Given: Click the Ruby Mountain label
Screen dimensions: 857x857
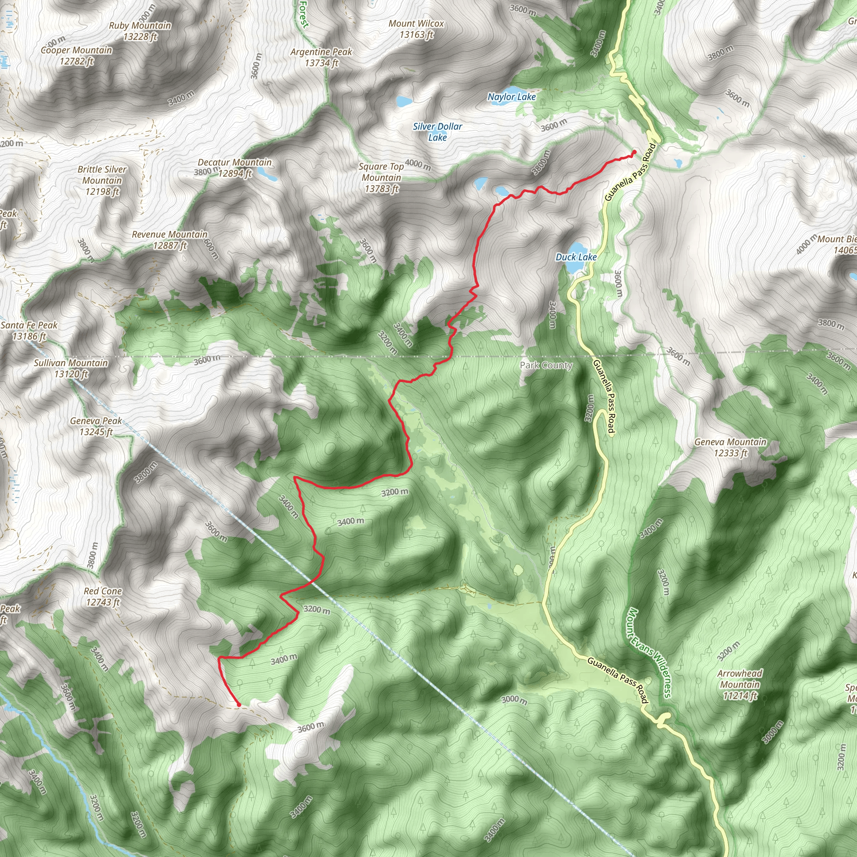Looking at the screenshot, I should click(x=140, y=31).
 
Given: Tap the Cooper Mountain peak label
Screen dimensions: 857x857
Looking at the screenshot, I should click(x=76, y=56).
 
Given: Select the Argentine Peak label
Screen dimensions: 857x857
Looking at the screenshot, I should click(x=321, y=58).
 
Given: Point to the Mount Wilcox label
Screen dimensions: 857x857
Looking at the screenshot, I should click(x=416, y=29).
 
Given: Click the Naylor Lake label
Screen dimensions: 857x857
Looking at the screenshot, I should click(x=511, y=97).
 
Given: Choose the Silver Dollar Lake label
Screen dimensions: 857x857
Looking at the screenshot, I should click(x=437, y=132).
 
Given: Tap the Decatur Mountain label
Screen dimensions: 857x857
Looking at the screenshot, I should click(x=235, y=168).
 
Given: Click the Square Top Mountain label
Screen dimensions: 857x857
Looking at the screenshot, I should click(x=381, y=177).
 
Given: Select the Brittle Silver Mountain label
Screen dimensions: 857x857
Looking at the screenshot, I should click(x=102, y=180).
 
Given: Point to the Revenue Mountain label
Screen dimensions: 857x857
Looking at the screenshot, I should click(x=169, y=239).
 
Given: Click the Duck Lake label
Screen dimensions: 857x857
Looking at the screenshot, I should click(x=576, y=257).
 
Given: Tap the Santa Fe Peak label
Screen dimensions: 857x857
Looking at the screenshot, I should click(x=29, y=331).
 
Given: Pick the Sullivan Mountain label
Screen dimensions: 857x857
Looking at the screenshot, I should click(x=71, y=368).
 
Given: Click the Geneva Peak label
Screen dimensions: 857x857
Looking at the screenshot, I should click(x=96, y=426).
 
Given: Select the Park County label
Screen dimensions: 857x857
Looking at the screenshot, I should click(x=546, y=365).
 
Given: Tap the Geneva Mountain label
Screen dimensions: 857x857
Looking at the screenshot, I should click(x=730, y=447).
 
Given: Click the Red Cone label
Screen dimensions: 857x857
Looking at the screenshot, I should click(x=103, y=596).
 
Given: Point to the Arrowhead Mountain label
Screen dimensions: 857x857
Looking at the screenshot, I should click(x=739, y=685).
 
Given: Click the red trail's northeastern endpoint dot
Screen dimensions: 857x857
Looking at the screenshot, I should click(x=634, y=152).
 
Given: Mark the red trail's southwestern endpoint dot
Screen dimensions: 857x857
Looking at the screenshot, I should click(x=239, y=704).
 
